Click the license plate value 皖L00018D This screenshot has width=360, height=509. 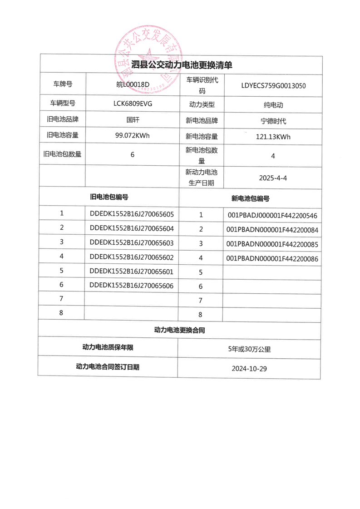[x=133, y=84]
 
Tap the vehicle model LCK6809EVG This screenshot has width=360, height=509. [x=133, y=104]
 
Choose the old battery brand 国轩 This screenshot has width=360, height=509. [x=133, y=120]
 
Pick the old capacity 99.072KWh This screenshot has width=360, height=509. [x=133, y=135]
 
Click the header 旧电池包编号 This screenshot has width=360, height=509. [x=109, y=197]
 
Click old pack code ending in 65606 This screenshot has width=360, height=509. [x=132, y=285]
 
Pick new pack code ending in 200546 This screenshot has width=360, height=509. [x=272, y=215]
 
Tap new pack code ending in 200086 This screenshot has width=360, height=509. [x=272, y=258]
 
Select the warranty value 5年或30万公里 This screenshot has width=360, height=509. [x=249, y=349]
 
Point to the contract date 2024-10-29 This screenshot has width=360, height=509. [x=249, y=368]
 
